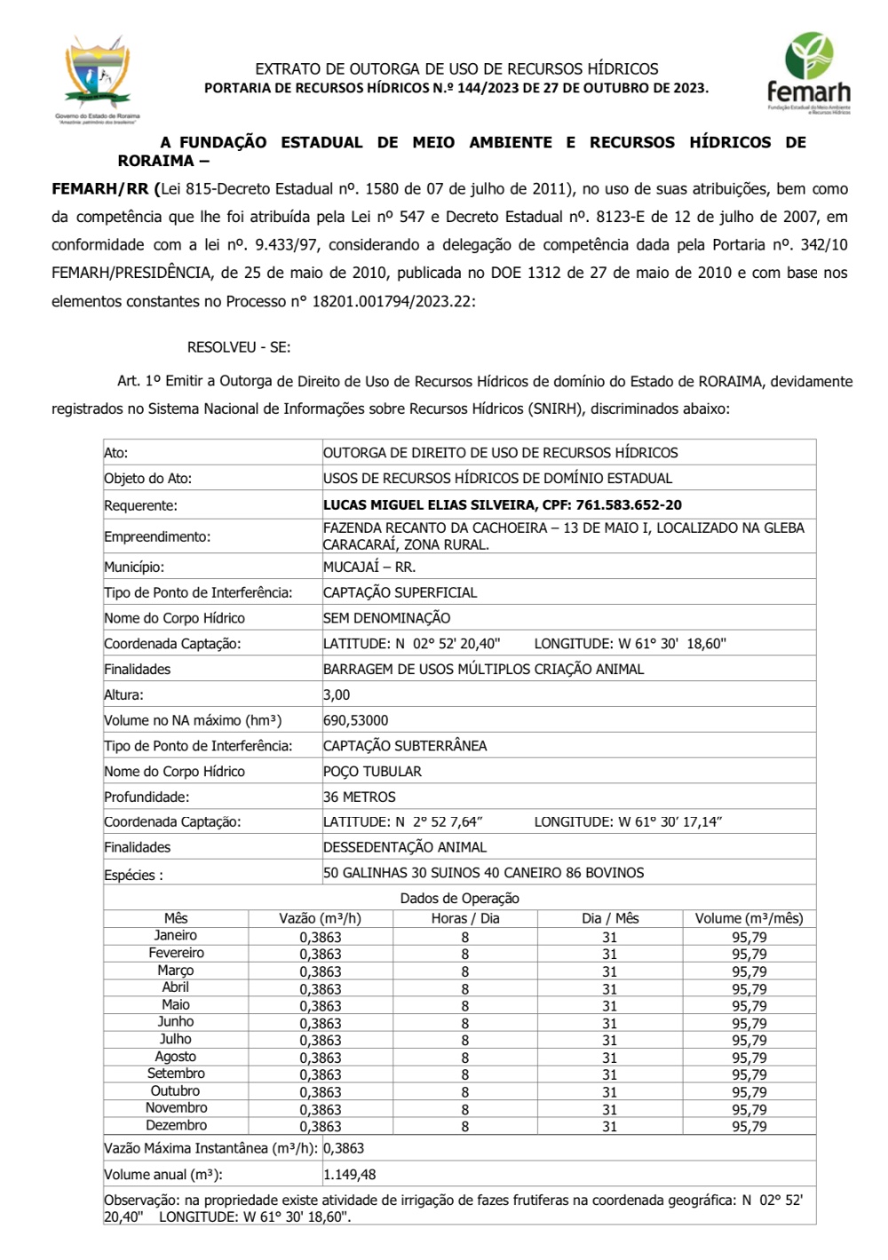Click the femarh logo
(x=808, y=74)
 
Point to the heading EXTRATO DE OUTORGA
(x=456, y=68)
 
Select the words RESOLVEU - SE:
(x=239, y=347)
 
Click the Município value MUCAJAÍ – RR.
(x=369, y=567)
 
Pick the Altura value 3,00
(x=337, y=694)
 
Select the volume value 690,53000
(x=355, y=720)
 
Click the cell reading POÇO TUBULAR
(x=372, y=772)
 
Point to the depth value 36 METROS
(x=360, y=797)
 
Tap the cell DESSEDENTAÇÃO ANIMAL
(x=405, y=847)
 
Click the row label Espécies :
(x=133, y=875)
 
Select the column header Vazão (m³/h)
(x=320, y=918)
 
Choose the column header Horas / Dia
(x=465, y=918)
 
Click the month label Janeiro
(x=176, y=935)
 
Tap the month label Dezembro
(x=176, y=1125)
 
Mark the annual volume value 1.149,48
(x=350, y=1174)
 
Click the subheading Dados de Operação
(x=459, y=898)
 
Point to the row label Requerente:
(x=140, y=505)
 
